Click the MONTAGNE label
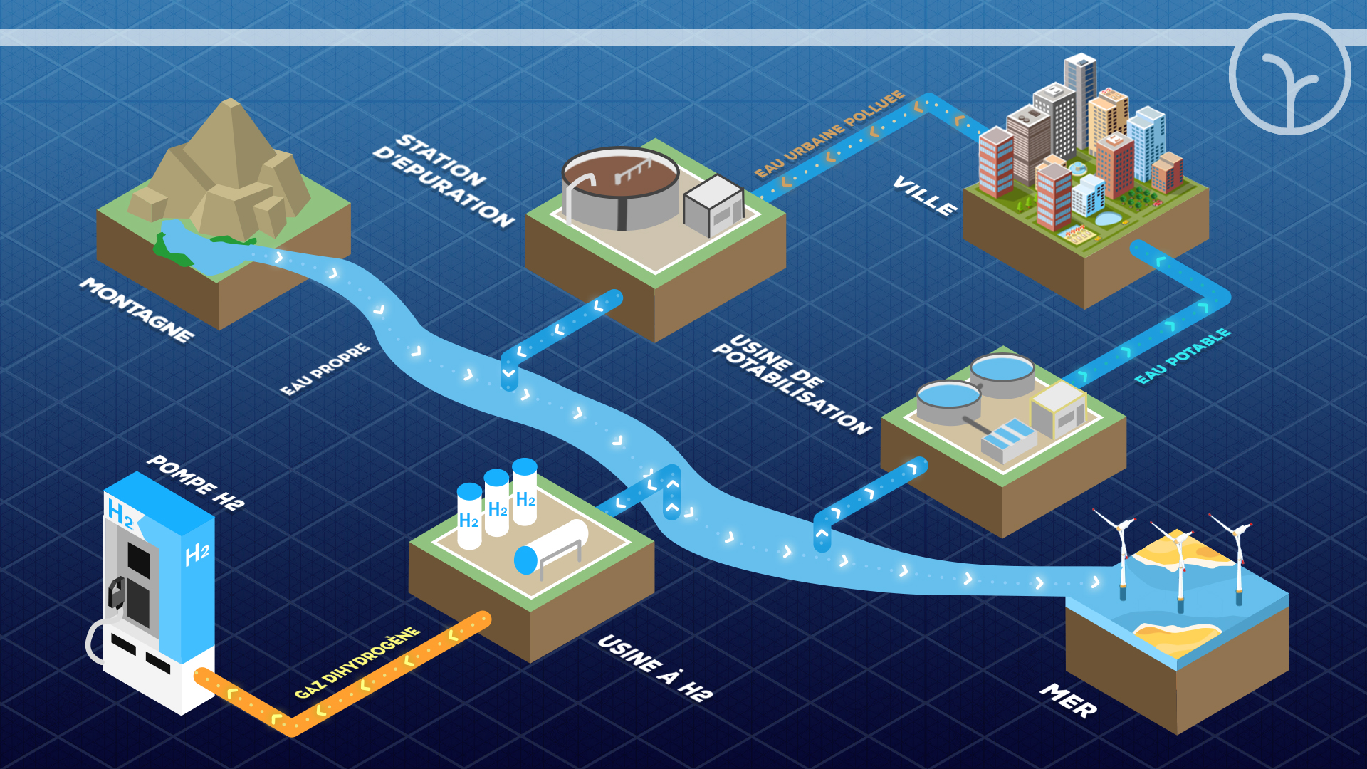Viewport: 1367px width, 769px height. point(137,310)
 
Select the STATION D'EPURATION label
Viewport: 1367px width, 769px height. point(443,180)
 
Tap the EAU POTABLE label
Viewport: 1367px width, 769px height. point(1183,356)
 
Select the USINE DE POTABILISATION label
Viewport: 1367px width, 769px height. point(792,384)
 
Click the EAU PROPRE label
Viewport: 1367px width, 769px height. point(325,369)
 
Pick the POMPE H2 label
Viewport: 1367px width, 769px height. point(196,482)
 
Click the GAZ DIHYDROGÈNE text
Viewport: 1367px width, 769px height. point(357,662)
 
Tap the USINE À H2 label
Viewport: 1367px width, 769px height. point(655,667)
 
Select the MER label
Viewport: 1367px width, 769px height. point(1069,700)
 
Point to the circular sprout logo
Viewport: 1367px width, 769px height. point(1289,74)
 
